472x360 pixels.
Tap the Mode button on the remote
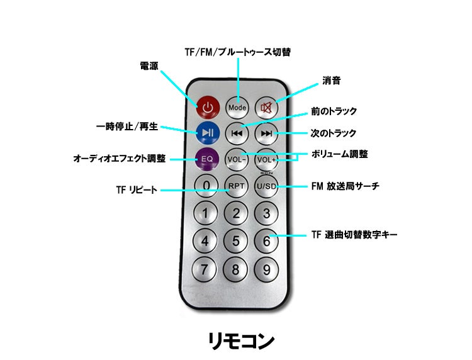pos(237,108)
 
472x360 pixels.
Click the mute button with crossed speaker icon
pos(266,108)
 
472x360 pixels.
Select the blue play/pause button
pos(208,133)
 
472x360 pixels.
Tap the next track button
pos(266,133)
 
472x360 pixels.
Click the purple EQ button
pos(207,159)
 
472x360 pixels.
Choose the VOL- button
pos(237,159)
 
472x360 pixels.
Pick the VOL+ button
pos(266,160)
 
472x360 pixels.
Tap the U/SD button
pos(266,186)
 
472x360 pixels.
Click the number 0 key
pos(206,186)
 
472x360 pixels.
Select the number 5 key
pos(236,241)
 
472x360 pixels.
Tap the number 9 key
pos(266,270)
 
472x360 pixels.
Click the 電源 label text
pos(149,66)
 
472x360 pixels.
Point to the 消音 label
pos(332,81)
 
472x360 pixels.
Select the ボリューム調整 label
pos(340,154)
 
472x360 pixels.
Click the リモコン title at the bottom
pos(241,341)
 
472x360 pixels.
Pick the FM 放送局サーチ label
pos(346,186)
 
